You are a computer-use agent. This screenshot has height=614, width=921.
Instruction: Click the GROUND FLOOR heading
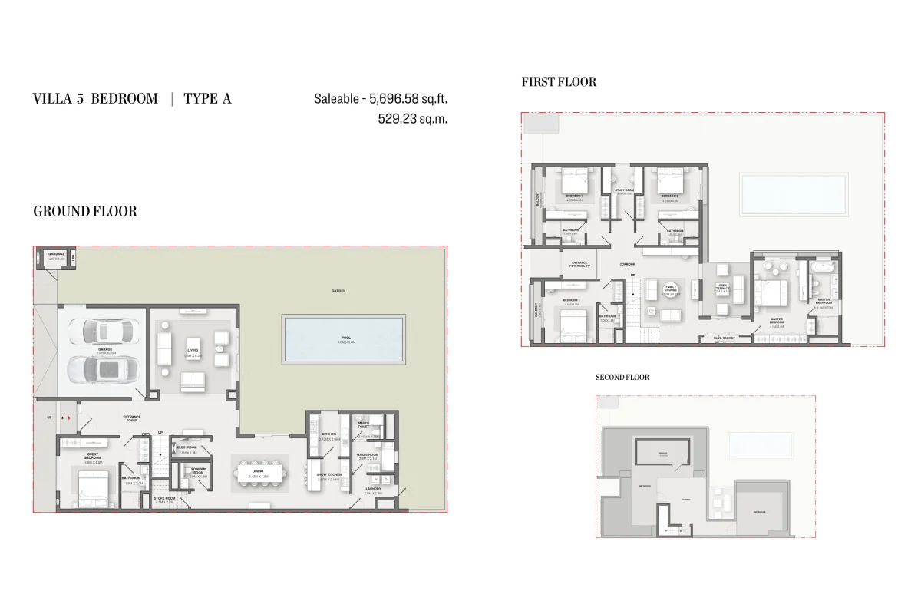point(85,212)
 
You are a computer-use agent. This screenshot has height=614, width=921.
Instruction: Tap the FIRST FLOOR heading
point(559,82)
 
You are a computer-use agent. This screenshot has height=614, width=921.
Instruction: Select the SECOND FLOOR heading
point(622,378)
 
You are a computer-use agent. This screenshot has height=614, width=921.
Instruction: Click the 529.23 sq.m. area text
point(412,119)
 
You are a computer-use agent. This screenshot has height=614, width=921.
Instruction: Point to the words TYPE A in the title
point(207,98)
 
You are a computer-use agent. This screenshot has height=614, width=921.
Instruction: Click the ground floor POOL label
point(345,338)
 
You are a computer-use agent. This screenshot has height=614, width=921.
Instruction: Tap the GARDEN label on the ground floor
point(338,291)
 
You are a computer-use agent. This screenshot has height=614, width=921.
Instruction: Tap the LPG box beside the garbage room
point(71,259)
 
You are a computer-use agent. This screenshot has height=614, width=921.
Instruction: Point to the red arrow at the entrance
point(68,418)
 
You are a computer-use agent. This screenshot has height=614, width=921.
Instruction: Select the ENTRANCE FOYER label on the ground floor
point(131,418)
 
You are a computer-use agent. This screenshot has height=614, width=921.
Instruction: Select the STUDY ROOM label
point(623,191)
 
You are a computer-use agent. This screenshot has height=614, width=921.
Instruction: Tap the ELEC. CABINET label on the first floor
point(725,338)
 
